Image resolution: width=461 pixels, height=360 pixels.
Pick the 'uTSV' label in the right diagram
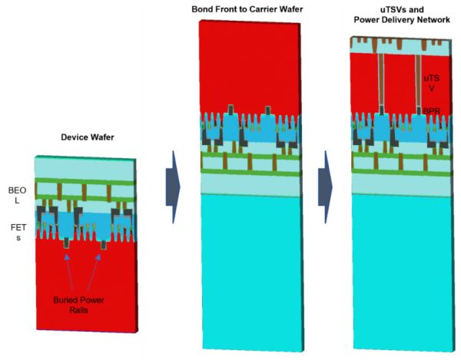[x=431, y=83]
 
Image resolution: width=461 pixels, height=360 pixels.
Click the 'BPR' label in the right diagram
[x=431, y=111]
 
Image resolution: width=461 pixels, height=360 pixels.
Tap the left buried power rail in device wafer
[x=68, y=243]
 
